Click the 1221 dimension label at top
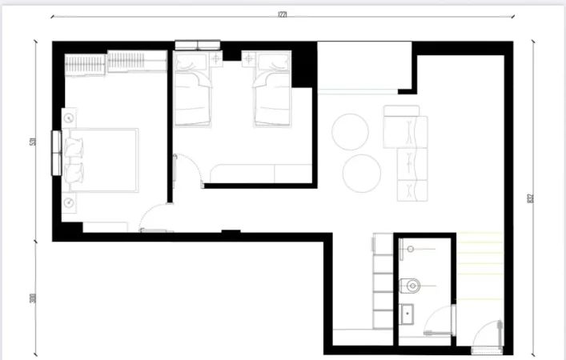click(283, 14)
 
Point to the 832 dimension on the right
click(531, 198)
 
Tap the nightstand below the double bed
click(70, 202)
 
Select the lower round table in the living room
click(361, 172)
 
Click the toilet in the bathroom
click(412, 284)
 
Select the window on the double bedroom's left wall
click(56, 152)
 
